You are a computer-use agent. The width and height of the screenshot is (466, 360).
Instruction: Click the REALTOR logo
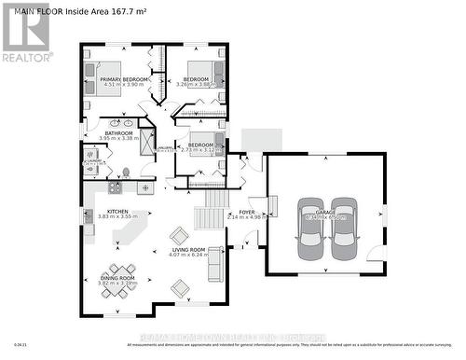[25, 33]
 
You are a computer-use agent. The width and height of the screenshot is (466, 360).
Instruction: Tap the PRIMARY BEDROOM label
[124, 80]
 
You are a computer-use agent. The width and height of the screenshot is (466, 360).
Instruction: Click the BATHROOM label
[118, 133]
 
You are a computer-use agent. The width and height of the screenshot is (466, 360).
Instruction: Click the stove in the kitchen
[115, 187]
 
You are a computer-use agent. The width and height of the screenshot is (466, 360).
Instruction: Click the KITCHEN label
[117, 212]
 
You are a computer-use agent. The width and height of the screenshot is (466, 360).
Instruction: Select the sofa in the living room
[214, 264]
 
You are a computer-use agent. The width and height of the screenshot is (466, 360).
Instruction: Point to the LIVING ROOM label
[187, 250]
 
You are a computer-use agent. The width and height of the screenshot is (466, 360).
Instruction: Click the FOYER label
[246, 212]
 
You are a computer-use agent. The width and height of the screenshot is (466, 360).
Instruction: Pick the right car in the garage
[344, 228]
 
